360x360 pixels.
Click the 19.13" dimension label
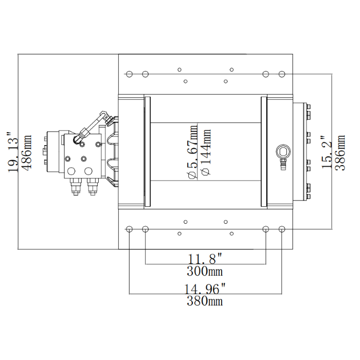(14, 153)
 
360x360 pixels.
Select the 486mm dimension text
(27, 153)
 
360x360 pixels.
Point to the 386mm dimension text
(340, 153)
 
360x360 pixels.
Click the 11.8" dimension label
(205, 257)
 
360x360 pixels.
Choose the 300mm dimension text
(205, 271)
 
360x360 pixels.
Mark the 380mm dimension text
(205, 301)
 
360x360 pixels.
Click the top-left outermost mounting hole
(129, 74)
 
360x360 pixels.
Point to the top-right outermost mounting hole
(282, 74)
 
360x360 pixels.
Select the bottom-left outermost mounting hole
(129, 228)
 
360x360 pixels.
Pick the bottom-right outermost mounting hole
(282, 228)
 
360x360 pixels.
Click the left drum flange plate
(147, 152)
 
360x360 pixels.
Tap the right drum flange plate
(264, 152)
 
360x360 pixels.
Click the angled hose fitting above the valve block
(91, 127)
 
